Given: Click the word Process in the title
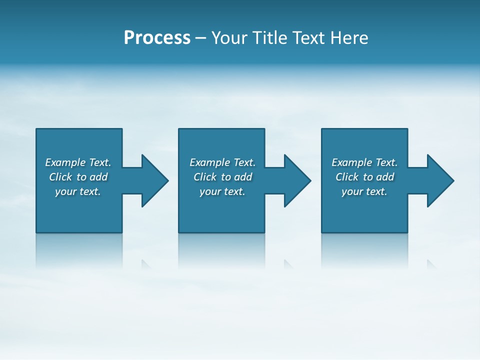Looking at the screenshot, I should click(x=157, y=38).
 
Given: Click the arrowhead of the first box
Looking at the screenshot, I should click(x=155, y=180).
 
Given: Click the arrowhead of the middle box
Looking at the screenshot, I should click(x=297, y=180).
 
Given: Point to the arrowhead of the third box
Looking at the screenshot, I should click(x=440, y=180).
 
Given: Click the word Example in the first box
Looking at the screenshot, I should click(x=65, y=162).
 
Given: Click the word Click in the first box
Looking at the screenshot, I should click(x=60, y=177).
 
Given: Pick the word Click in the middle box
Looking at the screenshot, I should click(x=205, y=177).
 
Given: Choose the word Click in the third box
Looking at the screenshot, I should click(x=347, y=177).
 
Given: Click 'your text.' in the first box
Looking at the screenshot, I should click(x=78, y=191).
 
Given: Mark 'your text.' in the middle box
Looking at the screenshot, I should click(x=222, y=191).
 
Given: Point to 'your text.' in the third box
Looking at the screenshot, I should click(x=364, y=191).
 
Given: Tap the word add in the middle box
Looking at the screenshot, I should click(x=243, y=177).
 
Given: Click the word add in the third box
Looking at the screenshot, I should click(x=385, y=177).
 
